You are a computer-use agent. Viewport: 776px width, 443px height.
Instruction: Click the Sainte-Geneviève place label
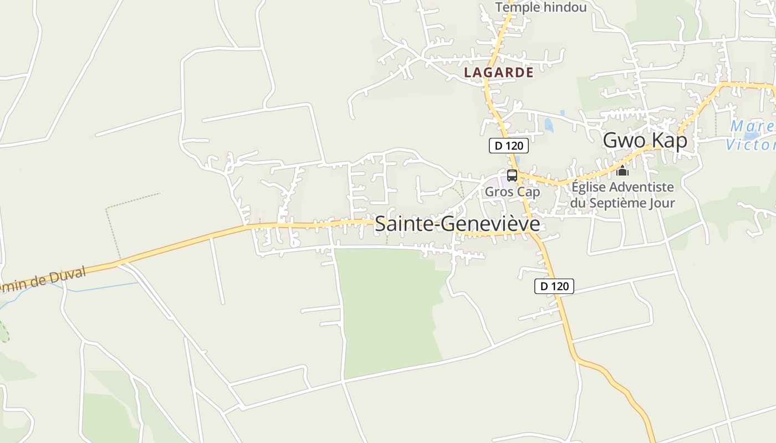click(457, 224)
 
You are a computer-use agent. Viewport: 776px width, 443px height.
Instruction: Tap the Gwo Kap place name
click(645, 141)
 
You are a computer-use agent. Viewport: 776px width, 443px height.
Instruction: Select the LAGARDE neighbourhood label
click(498, 73)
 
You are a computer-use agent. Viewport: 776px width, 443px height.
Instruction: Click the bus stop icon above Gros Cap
click(512, 176)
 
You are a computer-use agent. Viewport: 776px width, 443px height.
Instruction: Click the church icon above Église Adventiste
click(622, 171)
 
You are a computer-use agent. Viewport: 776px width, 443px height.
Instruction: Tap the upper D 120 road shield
click(508, 146)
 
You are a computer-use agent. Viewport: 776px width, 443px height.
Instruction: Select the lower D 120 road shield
click(554, 286)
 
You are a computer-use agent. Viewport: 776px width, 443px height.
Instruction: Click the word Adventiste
click(639, 187)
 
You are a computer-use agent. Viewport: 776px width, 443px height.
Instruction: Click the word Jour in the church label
click(660, 203)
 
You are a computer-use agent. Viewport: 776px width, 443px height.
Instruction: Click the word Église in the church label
click(586, 187)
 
